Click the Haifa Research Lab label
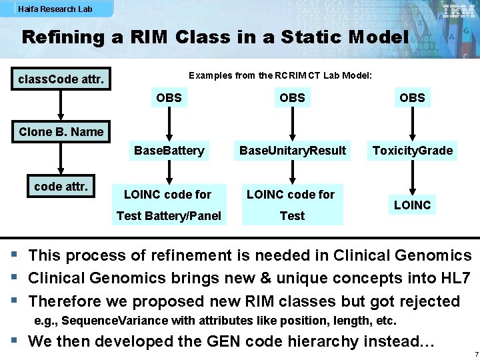click(x=55, y=9)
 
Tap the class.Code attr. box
click(x=61, y=80)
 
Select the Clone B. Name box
click(x=61, y=131)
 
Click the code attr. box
click(x=61, y=187)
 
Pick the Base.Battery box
click(x=169, y=151)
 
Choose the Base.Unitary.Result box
click(x=293, y=151)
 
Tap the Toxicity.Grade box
click(x=413, y=151)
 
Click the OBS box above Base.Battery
click(x=169, y=98)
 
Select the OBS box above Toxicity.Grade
click(x=412, y=98)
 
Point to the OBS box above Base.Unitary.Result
click(x=292, y=98)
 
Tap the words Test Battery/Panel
click(x=169, y=215)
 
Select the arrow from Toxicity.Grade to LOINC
click(x=413, y=177)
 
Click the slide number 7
click(x=473, y=353)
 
